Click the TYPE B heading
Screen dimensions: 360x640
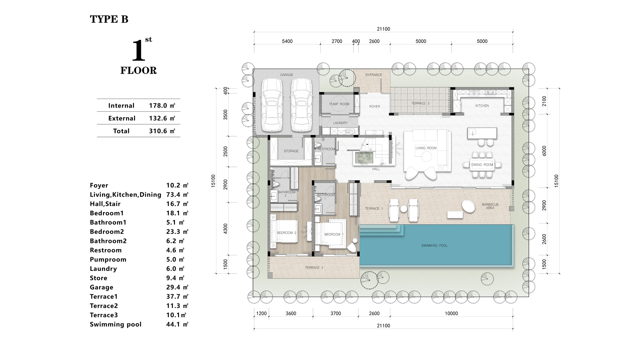click(x=109, y=19)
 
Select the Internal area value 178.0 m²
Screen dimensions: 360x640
click(x=162, y=106)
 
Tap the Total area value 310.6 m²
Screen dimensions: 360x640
click(x=162, y=131)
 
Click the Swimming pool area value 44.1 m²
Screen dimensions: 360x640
click(x=177, y=324)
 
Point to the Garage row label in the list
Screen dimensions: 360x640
click(x=101, y=287)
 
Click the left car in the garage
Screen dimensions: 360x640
click(x=272, y=105)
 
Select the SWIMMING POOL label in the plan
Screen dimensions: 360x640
click(x=434, y=246)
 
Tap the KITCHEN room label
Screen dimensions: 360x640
click(x=482, y=106)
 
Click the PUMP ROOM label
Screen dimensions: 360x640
click(x=339, y=104)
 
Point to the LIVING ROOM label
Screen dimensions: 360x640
click(x=426, y=148)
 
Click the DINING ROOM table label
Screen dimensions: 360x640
click(x=482, y=165)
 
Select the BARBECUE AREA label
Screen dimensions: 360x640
click(x=490, y=206)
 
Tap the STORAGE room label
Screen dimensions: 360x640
click(x=291, y=151)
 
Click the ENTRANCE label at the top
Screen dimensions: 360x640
click(x=374, y=75)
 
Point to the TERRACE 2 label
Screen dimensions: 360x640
click(x=314, y=268)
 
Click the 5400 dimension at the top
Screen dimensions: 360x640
click(x=287, y=41)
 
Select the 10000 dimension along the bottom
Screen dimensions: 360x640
click(x=451, y=313)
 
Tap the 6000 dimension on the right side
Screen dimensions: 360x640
click(x=544, y=151)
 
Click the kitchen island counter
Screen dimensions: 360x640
click(x=482, y=133)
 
